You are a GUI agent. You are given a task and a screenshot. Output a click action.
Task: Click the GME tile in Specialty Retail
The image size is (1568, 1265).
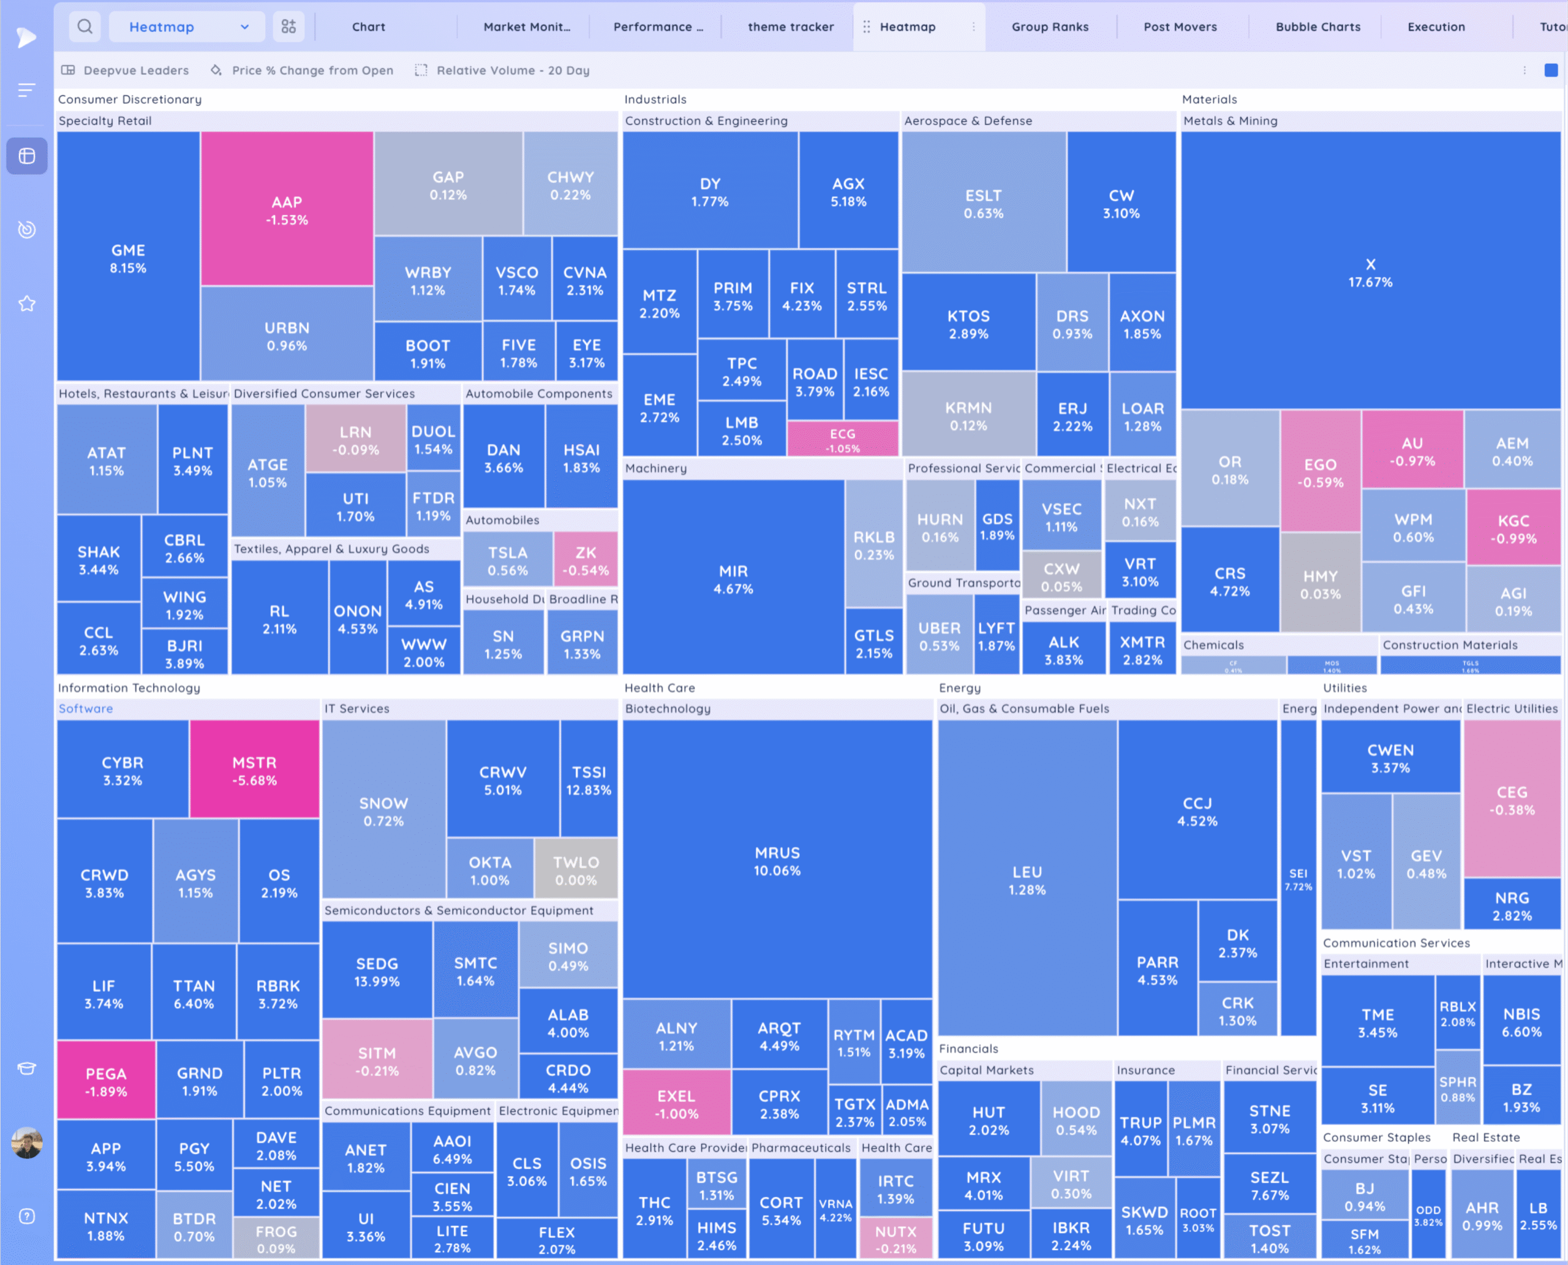pyautogui.click(x=128, y=258)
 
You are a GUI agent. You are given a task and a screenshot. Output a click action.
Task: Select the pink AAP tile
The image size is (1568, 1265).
pyautogui.click(x=287, y=210)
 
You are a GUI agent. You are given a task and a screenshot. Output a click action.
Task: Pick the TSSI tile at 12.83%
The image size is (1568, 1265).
pyautogui.click(x=589, y=780)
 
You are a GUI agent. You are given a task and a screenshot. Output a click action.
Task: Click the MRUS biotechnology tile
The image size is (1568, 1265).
pyautogui.click(x=777, y=861)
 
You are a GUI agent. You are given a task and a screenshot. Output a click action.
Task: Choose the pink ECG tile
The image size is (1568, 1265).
pyautogui.click(x=842, y=439)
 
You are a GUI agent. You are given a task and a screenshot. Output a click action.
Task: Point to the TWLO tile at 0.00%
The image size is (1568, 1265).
pyautogui.click(x=576, y=870)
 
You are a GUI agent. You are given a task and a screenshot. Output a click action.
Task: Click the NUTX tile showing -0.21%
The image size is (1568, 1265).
pyautogui.click(x=895, y=1239)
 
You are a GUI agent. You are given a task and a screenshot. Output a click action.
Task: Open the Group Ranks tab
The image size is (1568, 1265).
pyautogui.click(x=1050, y=27)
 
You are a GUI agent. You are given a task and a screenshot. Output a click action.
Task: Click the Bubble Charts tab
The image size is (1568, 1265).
pyautogui.click(x=1317, y=27)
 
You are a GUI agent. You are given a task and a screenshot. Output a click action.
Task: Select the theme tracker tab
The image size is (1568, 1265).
pyautogui.click(x=791, y=27)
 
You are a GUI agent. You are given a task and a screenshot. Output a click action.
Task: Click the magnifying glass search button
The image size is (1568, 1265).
pyautogui.click(x=85, y=27)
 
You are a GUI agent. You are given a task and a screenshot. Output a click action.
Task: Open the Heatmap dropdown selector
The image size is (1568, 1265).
pyautogui.click(x=188, y=27)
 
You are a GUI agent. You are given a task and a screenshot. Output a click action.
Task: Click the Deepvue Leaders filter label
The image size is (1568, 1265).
pyautogui.click(x=135, y=70)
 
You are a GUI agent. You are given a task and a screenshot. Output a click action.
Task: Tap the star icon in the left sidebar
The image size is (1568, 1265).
pyautogui.click(x=27, y=303)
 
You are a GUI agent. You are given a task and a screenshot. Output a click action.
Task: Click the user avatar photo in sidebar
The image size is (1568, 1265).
pyautogui.click(x=27, y=1142)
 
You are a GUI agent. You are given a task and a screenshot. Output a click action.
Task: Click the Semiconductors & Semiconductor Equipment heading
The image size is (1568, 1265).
pyautogui.click(x=459, y=910)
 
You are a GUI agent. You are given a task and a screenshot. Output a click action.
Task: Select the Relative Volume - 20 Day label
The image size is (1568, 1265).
pyautogui.click(x=512, y=70)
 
